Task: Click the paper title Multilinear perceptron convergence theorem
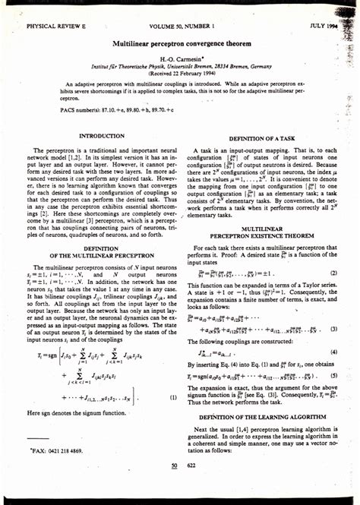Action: pos(181,46)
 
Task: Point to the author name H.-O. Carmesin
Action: pos(181,58)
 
